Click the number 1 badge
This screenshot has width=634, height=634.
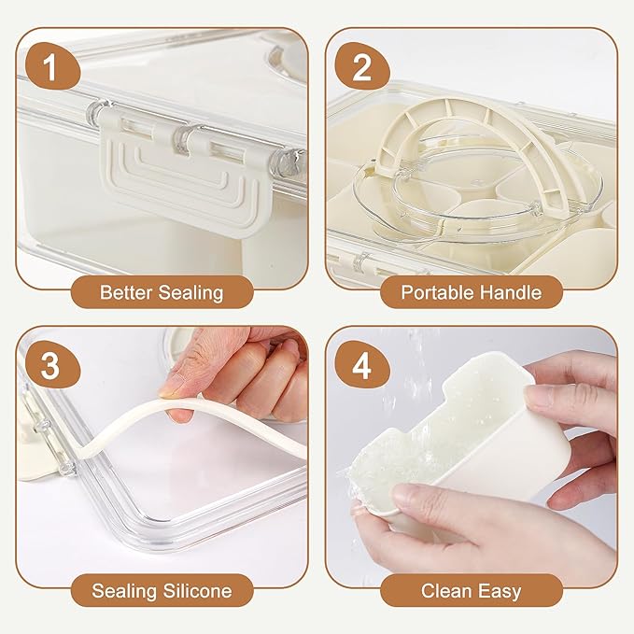(x=51, y=66)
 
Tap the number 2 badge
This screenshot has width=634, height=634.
(x=361, y=66)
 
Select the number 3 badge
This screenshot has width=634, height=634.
(x=51, y=364)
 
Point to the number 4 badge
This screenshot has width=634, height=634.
(x=361, y=364)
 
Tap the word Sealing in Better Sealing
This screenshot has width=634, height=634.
(x=190, y=293)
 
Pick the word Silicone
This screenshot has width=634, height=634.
(x=198, y=591)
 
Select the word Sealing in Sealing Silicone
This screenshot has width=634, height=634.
(x=124, y=592)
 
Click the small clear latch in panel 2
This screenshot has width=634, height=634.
(x=361, y=262)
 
